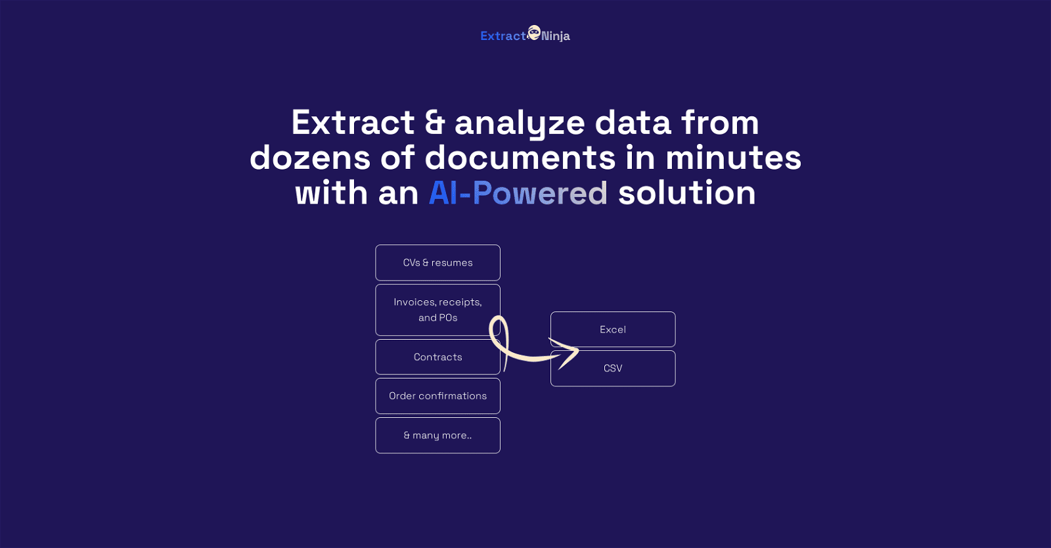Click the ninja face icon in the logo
click(x=533, y=32)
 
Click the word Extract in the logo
click(x=503, y=36)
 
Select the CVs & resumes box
click(x=437, y=263)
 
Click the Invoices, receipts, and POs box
click(x=437, y=309)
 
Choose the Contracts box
click(x=437, y=357)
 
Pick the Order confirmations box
click(x=437, y=396)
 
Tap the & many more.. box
click(x=437, y=436)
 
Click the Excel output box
click(x=613, y=329)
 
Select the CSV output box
click(x=613, y=369)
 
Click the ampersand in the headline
click(x=434, y=123)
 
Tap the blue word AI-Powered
click(x=518, y=193)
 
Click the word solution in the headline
click(x=687, y=193)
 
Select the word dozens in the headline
click(x=310, y=158)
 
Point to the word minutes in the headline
click(x=733, y=158)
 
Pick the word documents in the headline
click(x=520, y=158)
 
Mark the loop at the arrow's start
click(x=499, y=329)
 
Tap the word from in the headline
click(x=720, y=122)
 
